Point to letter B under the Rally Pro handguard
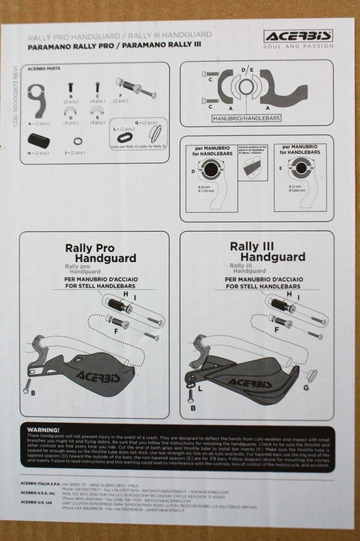pyautogui.click(x=33, y=392)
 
